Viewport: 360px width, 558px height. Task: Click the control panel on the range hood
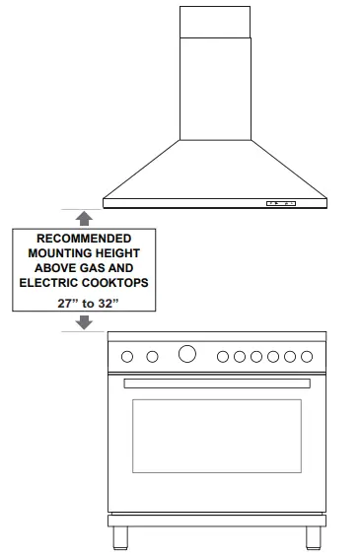point(280,204)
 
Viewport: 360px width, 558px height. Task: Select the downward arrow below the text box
point(85,320)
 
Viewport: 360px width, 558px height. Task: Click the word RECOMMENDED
point(84,239)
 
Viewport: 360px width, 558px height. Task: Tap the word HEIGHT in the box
point(121,253)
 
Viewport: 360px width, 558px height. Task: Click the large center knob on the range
point(187,355)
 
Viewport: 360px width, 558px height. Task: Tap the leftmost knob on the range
point(126,356)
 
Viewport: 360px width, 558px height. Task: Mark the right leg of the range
point(314,538)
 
